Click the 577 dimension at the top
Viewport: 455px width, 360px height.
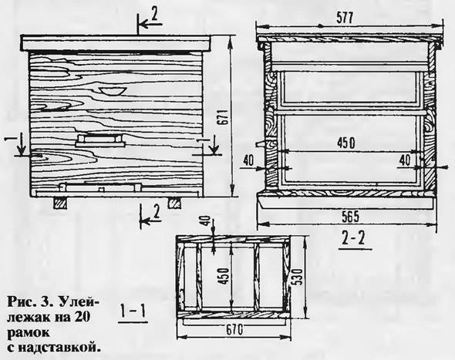pyautogui.click(x=345, y=19)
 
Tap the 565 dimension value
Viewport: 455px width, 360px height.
pyautogui.click(x=350, y=217)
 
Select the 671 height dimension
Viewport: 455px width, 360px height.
pyautogui.click(x=224, y=117)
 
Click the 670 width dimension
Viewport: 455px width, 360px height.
pyautogui.click(x=234, y=329)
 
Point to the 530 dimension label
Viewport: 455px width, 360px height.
pyautogui.click(x=298, y=277)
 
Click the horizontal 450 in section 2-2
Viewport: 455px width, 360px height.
pyautogui.click(x=345, y=143)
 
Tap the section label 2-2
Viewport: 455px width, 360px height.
pyautogui.click(x=353, y=241)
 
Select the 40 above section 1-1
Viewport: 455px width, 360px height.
pyautogui.click(x=205, y=221)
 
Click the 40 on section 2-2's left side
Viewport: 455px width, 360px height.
pyautogui.click(x=248, y=160)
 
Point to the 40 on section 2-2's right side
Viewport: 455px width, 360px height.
pyautogui.click(x=405, y=160)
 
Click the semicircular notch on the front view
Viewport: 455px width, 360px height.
pyautogui.click(x=112, y=90)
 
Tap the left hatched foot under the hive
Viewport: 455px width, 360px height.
pyautogui.click(x=59, y=204)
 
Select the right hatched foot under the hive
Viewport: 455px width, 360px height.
pyautogui.click(x=175, y=204)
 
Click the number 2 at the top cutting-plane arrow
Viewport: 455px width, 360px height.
pyautogui.click(x=154, y=15)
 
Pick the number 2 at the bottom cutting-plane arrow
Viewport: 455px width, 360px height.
pyautogui.click(x=156, y=211)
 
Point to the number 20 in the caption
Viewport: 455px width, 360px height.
pyautogui.click(x=82, y=317)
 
